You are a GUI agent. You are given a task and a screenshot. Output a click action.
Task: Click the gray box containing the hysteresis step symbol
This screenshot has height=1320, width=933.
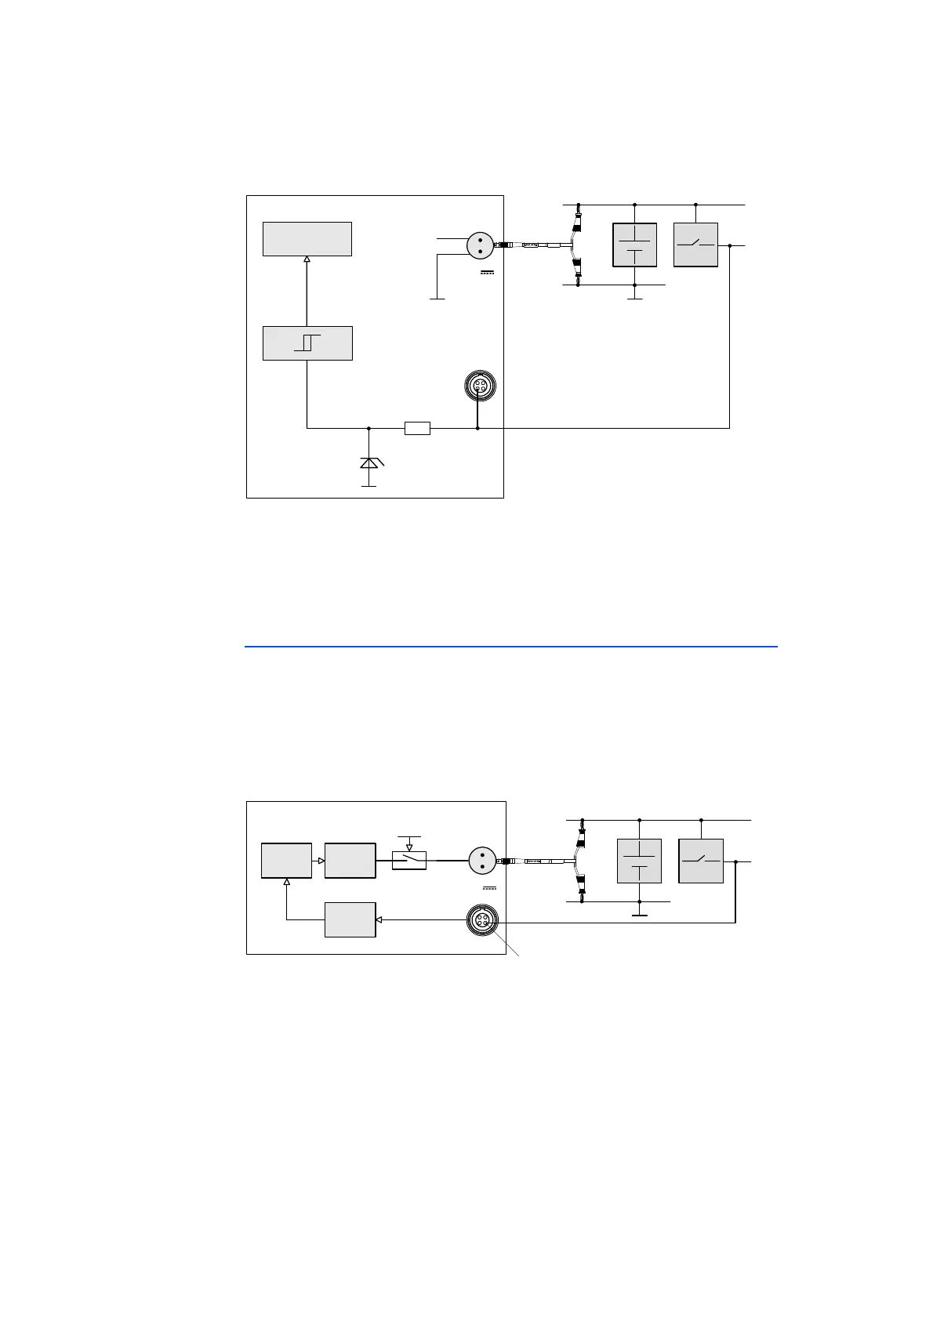307,343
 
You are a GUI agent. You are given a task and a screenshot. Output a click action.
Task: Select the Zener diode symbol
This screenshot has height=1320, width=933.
368,462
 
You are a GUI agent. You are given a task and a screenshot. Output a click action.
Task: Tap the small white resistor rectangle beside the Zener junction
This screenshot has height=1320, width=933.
417,428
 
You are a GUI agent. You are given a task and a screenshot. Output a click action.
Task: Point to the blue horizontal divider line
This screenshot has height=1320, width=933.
510,647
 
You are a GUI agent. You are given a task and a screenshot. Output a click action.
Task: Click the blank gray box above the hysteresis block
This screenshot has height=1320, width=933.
307,238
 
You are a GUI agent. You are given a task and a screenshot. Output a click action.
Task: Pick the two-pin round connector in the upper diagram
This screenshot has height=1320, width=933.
479,245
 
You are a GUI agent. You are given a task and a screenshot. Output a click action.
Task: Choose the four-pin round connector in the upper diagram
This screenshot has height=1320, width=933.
478,386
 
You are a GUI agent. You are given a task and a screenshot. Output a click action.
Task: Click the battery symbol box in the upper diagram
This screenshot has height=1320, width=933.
634,245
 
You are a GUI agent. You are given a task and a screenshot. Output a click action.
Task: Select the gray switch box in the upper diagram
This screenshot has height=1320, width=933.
695,245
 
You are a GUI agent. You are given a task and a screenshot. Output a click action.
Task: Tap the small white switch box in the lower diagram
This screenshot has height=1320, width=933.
408,860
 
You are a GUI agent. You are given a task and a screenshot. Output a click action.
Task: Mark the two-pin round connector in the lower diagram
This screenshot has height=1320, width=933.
482,861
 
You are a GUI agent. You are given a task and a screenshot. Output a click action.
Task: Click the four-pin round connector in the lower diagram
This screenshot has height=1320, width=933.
481,920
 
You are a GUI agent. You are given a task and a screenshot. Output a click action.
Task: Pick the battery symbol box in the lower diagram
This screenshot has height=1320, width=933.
639,861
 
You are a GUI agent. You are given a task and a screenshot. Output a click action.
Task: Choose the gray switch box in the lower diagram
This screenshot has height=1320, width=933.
700,861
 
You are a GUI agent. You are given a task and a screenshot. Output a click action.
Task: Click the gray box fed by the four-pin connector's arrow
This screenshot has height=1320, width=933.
350,919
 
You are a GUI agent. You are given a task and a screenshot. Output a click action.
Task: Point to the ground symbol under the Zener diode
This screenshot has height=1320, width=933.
368,486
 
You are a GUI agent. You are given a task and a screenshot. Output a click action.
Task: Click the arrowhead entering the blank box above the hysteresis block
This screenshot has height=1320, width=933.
307,259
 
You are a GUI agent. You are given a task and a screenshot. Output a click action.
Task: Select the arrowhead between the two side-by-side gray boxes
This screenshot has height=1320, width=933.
321,861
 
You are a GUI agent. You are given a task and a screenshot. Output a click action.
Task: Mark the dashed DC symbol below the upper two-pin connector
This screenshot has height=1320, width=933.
487,272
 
